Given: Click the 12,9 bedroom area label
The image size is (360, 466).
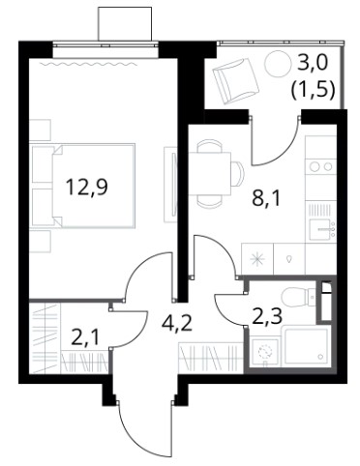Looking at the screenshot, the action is pyautogui.click(x=86, y=189).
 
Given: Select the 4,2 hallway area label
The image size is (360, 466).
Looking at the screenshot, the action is pyautogui.click(x=177, y=323).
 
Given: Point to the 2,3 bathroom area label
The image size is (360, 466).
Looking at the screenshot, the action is pyautogui.click(x=267, y=316).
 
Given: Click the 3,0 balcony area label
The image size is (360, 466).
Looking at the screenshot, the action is pyautogui.click(x=313, y=63).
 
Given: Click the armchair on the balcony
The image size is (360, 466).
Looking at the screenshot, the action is pyautogui.click(x=235, y=81).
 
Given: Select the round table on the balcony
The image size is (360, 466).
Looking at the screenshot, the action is pyautogui.click(x=278, y=64).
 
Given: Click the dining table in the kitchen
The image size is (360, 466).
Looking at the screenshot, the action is pyautogui.click(x=210, y=173).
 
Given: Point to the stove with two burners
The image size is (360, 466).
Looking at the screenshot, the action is pyautogui.click(x=321, y=166).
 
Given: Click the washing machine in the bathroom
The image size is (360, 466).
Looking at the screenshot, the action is pyautogui.click(x=264, y=352).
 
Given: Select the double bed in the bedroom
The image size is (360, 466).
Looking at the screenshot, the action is pyautogui.click(x=83, y=187).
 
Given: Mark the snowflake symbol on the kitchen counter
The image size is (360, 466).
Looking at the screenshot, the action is pyautogui.click(x=257, y=259).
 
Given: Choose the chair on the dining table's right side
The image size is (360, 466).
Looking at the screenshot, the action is pyautogui.click(x=238, y=173).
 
